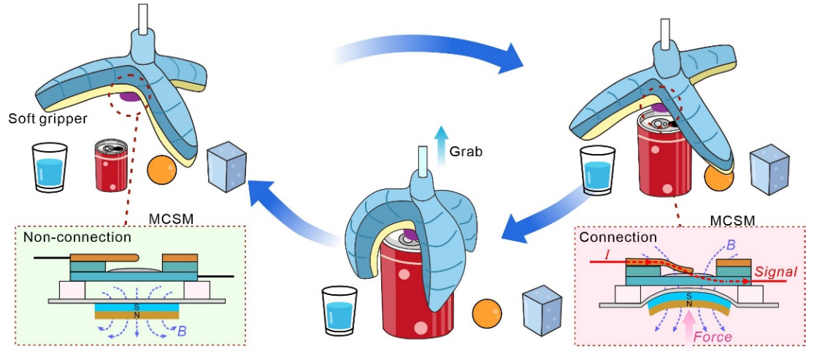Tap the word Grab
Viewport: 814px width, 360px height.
tap(466, 152)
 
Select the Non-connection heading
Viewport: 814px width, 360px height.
tap(77, 238)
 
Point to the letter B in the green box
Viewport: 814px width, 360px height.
tap(181, 330)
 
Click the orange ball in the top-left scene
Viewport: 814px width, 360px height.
tap(163, 169)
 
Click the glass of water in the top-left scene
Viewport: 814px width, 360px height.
tap(50, 167)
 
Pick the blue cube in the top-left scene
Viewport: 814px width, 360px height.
tap(226, 167)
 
